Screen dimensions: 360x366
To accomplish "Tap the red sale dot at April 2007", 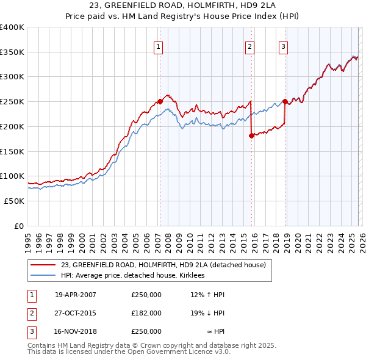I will [160, 101].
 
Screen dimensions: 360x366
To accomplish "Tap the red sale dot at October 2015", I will [251, 135].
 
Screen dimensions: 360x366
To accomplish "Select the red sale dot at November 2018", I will [285, 101].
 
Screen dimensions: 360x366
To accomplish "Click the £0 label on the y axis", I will [19, 226].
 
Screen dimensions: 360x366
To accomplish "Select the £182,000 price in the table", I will [146, 313].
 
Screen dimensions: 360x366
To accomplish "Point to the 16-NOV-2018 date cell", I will [76, 331].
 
